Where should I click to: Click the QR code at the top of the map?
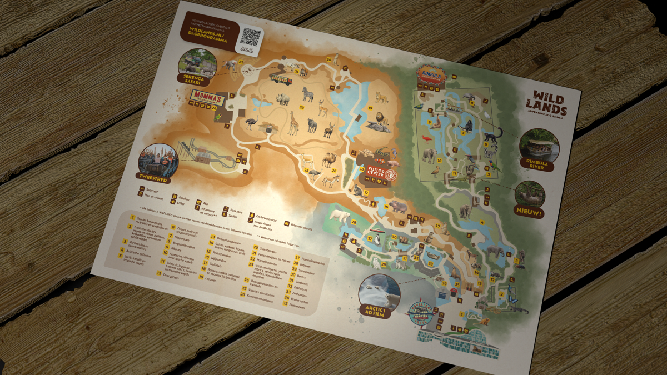pyautogui.click(x=251, y=37)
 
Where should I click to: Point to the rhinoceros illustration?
pyautogui.click(x=283, y=99)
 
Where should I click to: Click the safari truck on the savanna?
pyautogui.click(x=281, y=79)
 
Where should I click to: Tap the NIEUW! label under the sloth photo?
pyautogui.click(x=530, y=212)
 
